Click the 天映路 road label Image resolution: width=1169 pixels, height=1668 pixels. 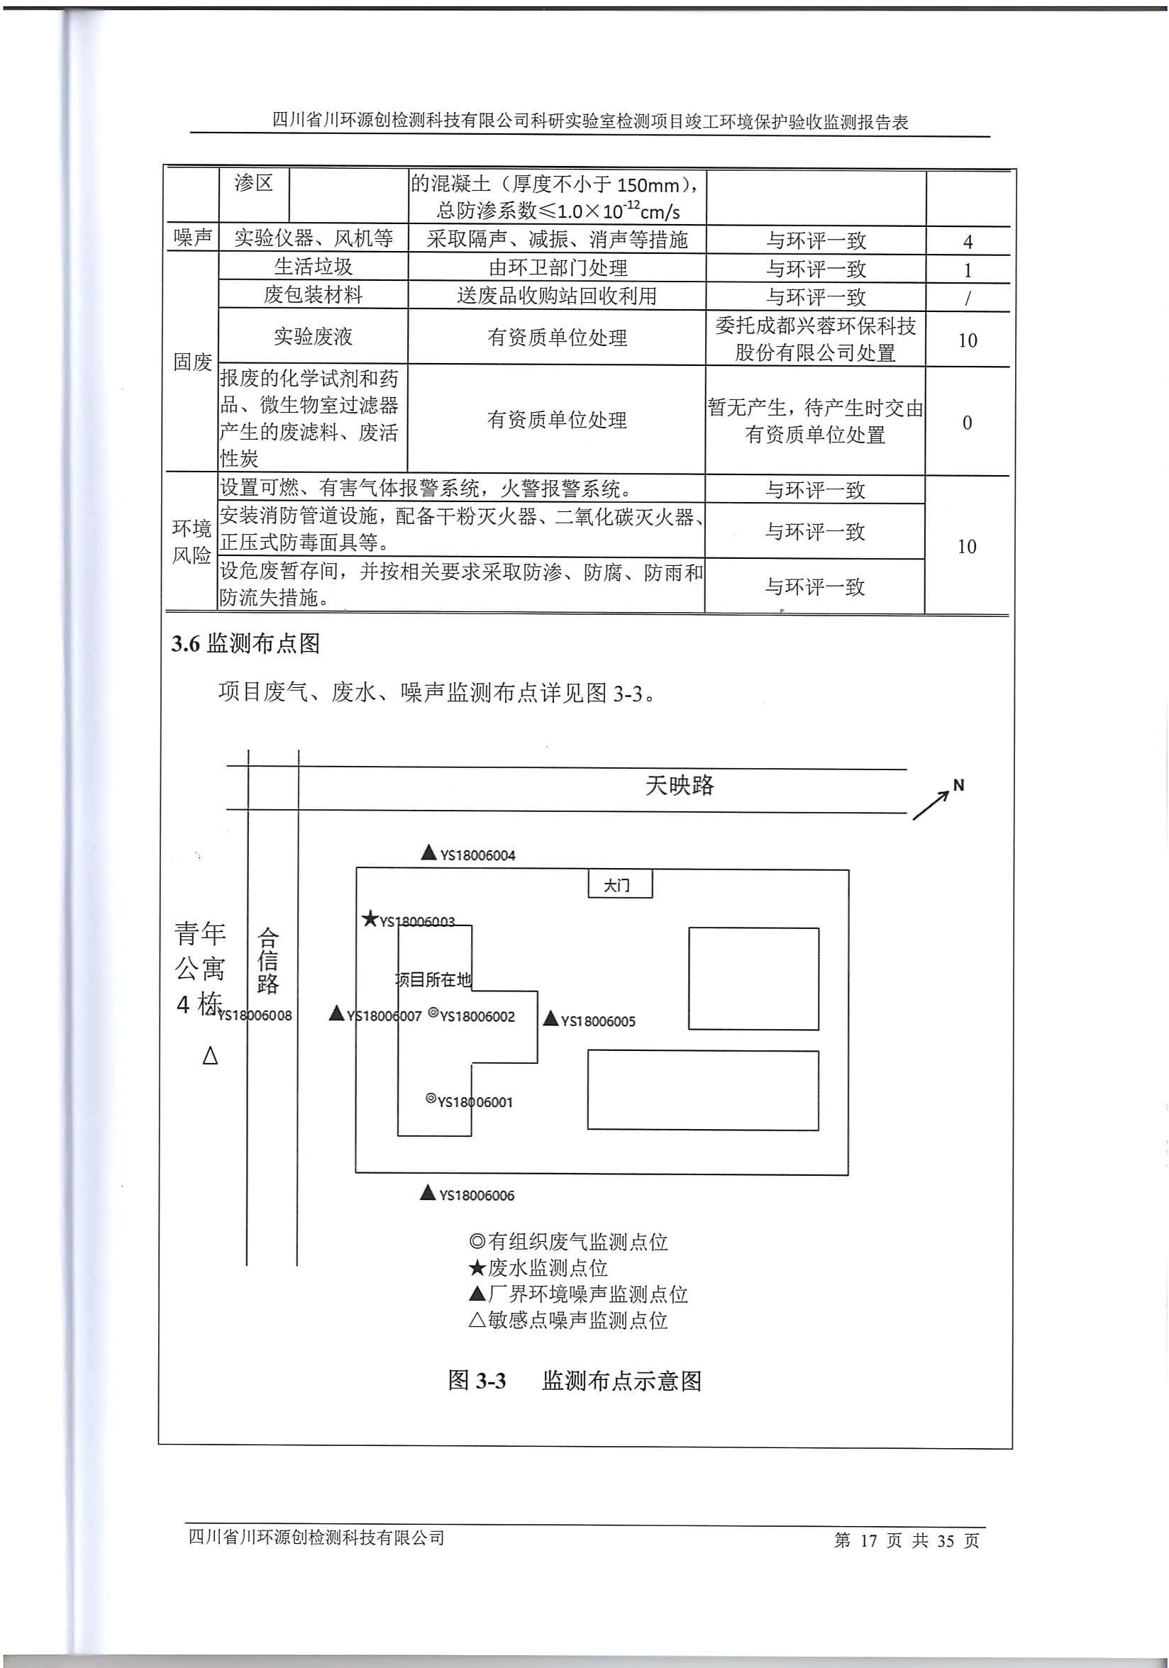pos(680,785)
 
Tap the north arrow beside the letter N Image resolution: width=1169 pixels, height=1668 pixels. pos(931,805)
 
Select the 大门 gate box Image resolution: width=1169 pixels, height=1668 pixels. pos(620,884)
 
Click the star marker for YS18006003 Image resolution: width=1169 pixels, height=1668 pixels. pos(370,919)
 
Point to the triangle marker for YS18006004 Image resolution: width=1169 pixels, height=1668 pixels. pos(428,853)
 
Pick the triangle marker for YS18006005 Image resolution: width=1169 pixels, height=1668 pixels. pos(550,1018)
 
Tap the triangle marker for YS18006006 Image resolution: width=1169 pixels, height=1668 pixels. pos(428,1193)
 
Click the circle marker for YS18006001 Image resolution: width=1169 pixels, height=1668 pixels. pos(431,1099)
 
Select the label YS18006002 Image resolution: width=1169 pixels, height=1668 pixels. pos(477,1016)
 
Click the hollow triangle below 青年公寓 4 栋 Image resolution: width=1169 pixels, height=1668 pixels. pos(210,1055)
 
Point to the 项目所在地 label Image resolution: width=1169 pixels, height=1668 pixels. pos(433,980)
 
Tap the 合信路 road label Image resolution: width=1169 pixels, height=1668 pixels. pos(268,960)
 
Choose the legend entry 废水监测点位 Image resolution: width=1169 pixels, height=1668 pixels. pos(538,1268)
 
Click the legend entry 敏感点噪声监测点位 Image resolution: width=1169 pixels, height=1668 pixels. pos(568,1320)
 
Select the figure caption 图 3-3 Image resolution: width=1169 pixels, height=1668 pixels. pos(477,1380)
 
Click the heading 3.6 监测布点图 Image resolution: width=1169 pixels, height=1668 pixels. pos(245,643)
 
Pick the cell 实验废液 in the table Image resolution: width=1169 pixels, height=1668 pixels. pos(313,336)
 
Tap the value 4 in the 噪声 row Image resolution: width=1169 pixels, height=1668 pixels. pos(968,241)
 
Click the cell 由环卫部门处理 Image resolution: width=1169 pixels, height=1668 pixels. pos(558,268)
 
